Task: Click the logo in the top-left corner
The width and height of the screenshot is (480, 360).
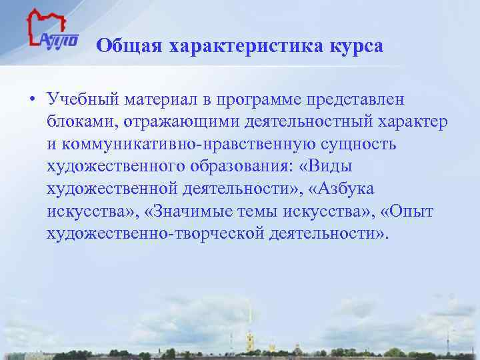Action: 52,33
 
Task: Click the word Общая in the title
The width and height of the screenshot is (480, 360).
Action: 129,46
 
